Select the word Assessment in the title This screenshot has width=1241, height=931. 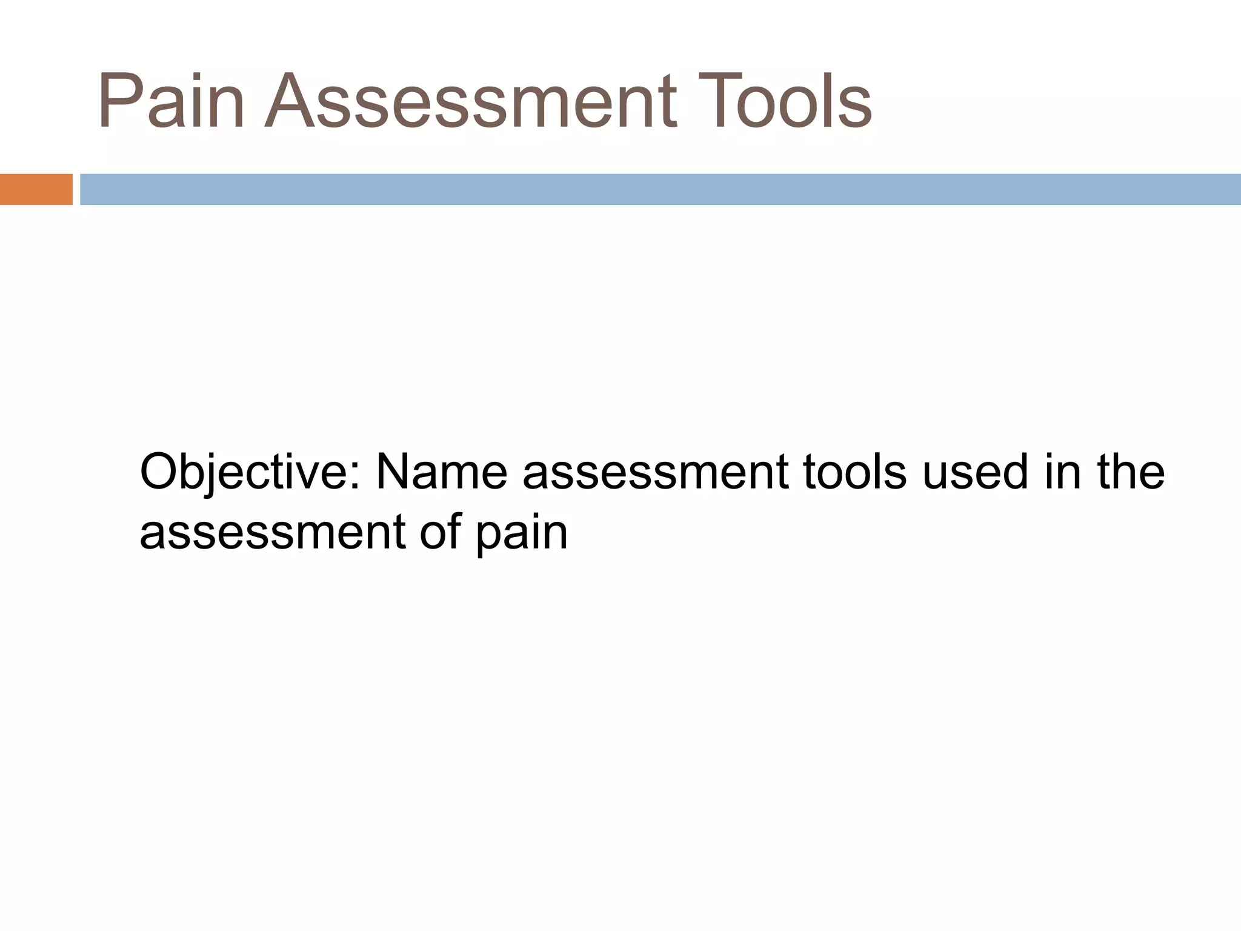470,101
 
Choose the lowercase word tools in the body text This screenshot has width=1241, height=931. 855,472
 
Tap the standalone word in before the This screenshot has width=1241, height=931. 1063,472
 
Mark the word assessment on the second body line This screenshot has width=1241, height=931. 272,533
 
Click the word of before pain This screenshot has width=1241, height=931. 440,532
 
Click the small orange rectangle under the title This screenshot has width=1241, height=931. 36,189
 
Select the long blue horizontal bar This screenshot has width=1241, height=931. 660,189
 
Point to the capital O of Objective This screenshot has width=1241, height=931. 159,472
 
